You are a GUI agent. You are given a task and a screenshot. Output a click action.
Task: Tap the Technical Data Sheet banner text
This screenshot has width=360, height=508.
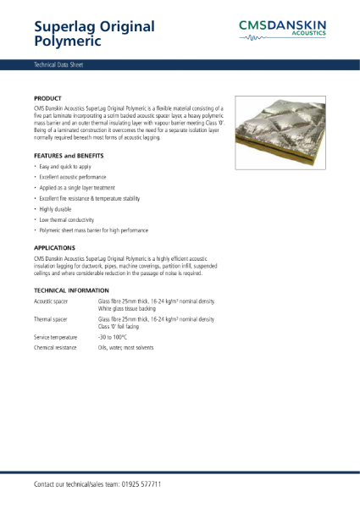[58, 64]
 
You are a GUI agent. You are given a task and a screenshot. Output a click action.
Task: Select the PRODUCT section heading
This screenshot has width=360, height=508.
[47, 99]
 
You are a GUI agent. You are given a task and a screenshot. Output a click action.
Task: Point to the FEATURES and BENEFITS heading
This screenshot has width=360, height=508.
[69, 157]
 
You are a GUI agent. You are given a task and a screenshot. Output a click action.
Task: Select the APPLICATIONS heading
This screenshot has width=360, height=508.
[54, 247]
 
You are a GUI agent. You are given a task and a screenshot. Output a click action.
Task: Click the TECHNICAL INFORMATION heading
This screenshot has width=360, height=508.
[73, 290]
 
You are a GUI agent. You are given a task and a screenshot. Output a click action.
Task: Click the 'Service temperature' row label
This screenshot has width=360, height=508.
[56, 338]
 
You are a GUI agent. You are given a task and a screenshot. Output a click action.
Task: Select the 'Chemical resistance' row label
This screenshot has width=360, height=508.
[55, 348]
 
